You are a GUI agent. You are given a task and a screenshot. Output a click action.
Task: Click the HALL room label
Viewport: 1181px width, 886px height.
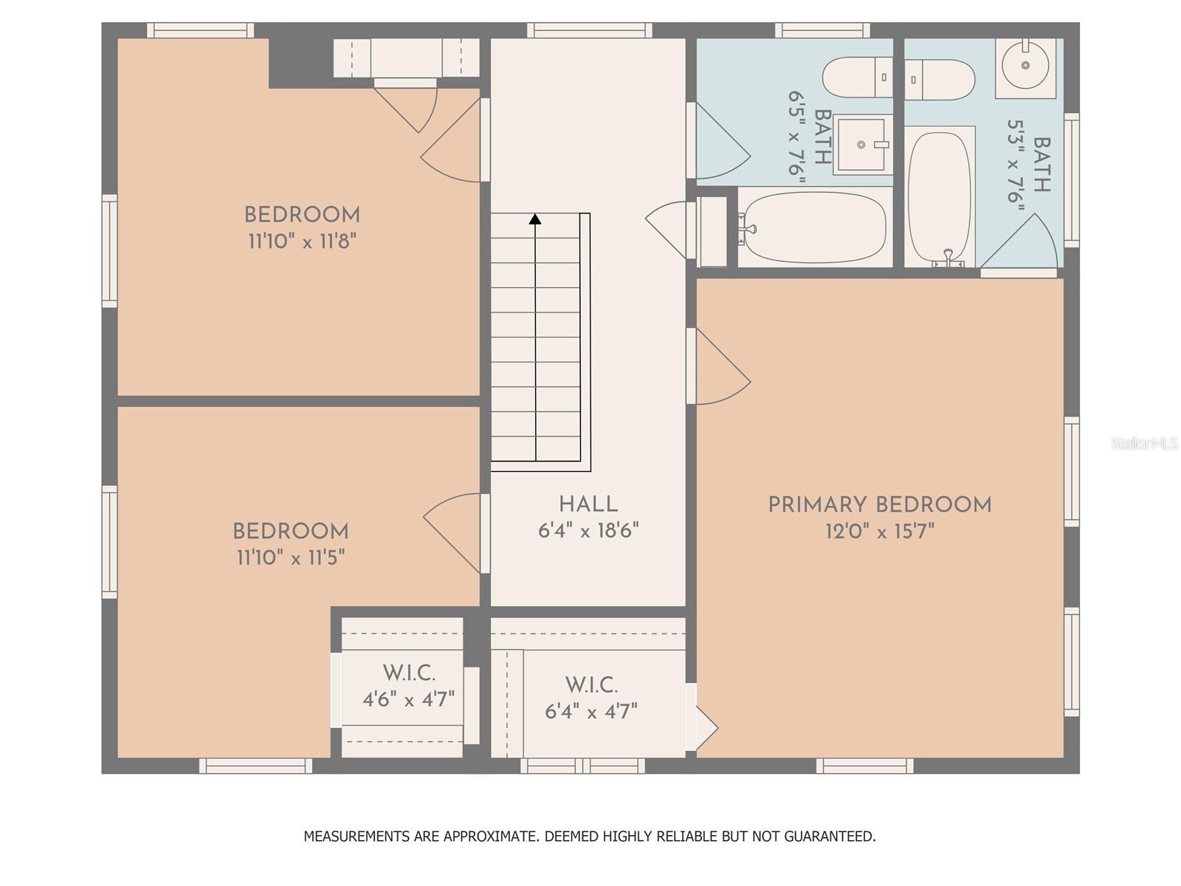tap(588, 504)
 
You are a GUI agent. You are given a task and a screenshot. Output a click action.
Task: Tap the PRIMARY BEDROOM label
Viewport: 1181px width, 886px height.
tap(880, 505)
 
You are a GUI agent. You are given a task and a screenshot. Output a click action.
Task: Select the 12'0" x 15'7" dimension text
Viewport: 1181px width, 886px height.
tap(880, 532)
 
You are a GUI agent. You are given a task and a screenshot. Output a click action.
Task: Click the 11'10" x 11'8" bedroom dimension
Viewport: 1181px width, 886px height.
tap(303, 241)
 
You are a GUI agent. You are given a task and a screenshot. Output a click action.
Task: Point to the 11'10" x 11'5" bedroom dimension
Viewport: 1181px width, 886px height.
tap(291, 557)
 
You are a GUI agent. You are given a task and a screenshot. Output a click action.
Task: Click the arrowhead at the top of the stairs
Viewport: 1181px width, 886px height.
tap(535, 219)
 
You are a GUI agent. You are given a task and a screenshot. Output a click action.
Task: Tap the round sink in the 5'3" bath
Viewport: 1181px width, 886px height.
tap(1025, 65)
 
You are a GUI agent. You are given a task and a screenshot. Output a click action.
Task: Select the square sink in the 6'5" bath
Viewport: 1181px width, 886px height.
tap(861, 145)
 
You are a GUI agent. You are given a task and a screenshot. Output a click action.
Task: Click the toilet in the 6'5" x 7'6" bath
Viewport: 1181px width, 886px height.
tap(857, 77)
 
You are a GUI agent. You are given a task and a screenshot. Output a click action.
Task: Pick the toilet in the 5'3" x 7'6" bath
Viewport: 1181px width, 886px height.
tap(940, 80)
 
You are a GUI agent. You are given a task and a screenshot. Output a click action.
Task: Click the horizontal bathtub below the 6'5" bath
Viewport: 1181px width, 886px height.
tap(815, 227)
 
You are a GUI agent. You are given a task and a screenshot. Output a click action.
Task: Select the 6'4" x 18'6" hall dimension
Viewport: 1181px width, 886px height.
tap(588, 531)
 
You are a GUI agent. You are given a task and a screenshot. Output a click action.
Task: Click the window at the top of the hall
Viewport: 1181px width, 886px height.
tap(590, 30)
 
